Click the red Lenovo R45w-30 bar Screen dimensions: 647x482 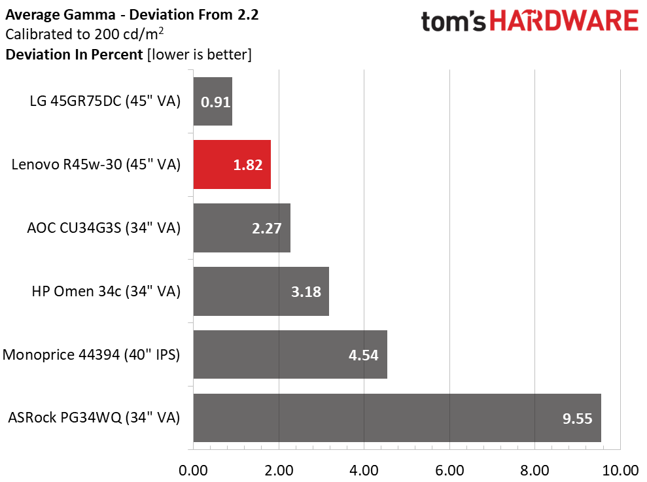tap(232, 165)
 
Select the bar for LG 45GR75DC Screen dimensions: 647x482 tap(213, 101)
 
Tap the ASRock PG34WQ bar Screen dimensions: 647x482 tap(397, 418)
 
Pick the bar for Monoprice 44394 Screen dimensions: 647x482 tap(290, 354)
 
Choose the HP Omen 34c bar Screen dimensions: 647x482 tap(261, 291)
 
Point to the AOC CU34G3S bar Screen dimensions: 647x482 tap(242, 228)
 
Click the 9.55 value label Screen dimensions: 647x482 tap(577, 419)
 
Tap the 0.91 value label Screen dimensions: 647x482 tap(215, 102)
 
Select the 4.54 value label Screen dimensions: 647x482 tap(363, 355)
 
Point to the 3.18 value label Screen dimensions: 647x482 tap(306, 292)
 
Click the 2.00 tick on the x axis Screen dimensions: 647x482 tap(279, 470)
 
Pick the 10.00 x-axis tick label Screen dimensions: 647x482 tap(621, 470)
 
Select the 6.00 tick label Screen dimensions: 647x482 tap(450, 470)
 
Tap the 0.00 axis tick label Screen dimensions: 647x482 tap(193, 470)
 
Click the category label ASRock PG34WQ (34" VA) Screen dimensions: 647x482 tap(94, 418)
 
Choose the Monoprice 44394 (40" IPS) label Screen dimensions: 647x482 tap(91, 354)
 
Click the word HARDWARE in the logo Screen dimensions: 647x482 tap(564, 21)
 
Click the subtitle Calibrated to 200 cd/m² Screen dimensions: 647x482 tap(84, 34)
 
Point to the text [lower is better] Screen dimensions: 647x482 tap(200, 54)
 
